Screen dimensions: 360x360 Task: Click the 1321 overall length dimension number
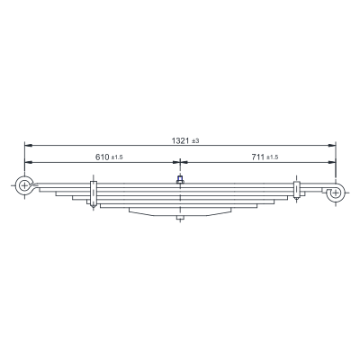180,140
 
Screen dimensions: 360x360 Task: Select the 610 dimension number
103,157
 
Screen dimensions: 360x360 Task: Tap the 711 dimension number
258,157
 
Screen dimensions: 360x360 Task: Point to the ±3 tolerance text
195,141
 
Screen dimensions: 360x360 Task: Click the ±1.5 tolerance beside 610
117,157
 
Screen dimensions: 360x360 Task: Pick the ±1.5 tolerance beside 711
273,157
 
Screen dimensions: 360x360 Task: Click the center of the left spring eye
24,186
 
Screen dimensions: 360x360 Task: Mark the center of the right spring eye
336,193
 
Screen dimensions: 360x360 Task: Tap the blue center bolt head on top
180,180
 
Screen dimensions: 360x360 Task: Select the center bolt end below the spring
180,218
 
